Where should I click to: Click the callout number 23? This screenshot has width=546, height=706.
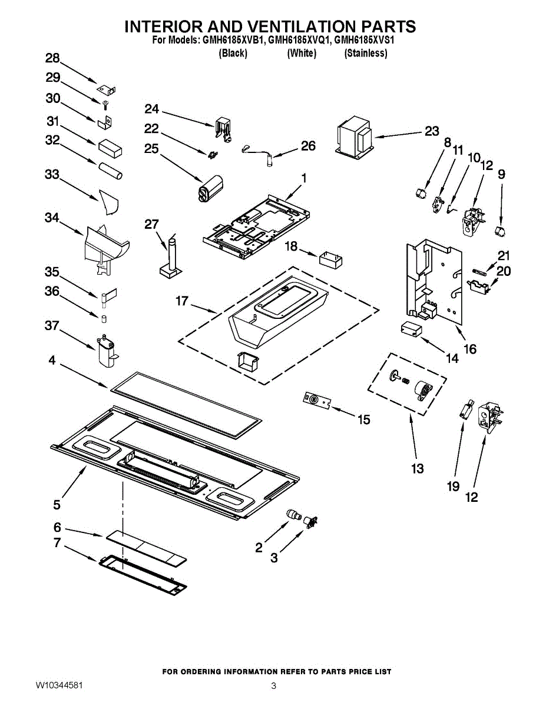tap(432, 131)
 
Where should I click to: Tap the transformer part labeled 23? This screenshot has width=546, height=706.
tap(355, 138)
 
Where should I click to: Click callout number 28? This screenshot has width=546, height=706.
tap(52, 58)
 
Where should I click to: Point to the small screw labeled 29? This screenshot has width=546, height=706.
tap(105, 104)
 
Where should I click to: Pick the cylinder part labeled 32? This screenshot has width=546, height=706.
tap(111, 171)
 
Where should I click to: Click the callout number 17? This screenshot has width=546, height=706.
tap(182, 301)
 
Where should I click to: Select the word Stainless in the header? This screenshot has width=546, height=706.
tap(366, 53)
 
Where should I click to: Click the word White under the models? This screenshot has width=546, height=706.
tap(302, 53)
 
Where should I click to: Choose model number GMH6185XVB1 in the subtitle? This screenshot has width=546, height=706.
tap(232, 40)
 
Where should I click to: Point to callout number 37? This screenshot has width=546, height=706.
tap(52, 325)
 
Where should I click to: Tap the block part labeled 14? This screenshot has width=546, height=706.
tap(411, 329)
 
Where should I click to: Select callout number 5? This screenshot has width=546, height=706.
tap(57, 505)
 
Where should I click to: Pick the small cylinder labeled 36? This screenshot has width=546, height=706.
tap(104, 319)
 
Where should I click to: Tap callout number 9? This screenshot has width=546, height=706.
tap(501, 175)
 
